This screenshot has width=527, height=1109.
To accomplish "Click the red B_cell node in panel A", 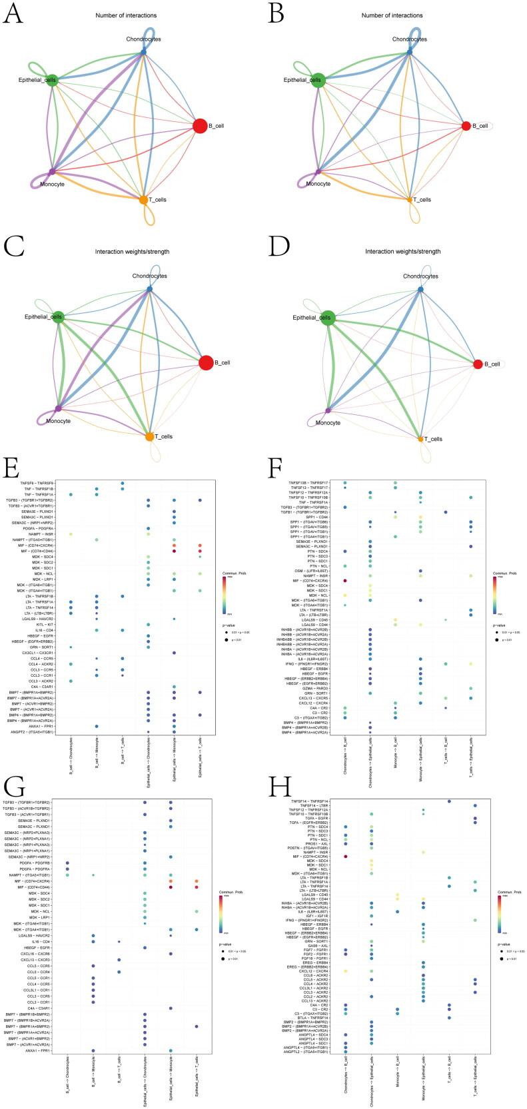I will tap(199, 125).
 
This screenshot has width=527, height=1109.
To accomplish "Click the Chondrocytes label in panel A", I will tap(143, 39).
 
